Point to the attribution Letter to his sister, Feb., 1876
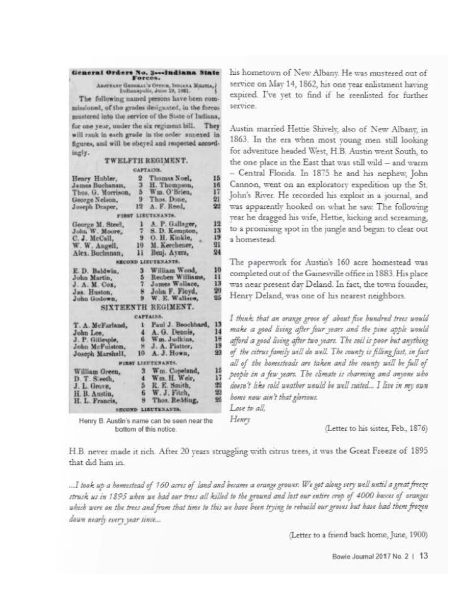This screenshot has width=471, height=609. point(377,428)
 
